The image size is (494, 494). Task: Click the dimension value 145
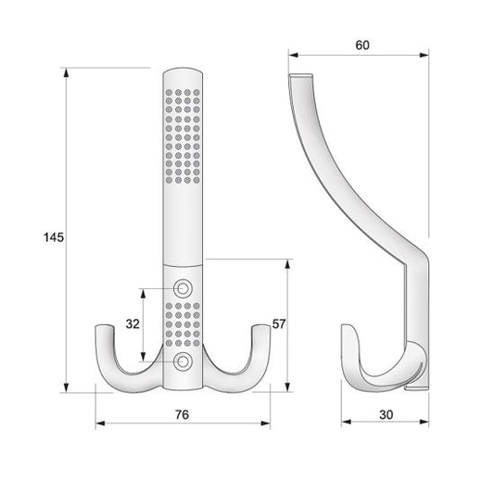point(53,238)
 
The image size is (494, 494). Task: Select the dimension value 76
point(182,414)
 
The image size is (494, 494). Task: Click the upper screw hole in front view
point(183,288)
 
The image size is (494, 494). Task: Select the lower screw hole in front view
point(183,359)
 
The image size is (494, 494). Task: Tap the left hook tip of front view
point(104,327)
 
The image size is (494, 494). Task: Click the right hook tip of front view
point(260,327)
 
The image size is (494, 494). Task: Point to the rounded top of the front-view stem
point(183,72)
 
